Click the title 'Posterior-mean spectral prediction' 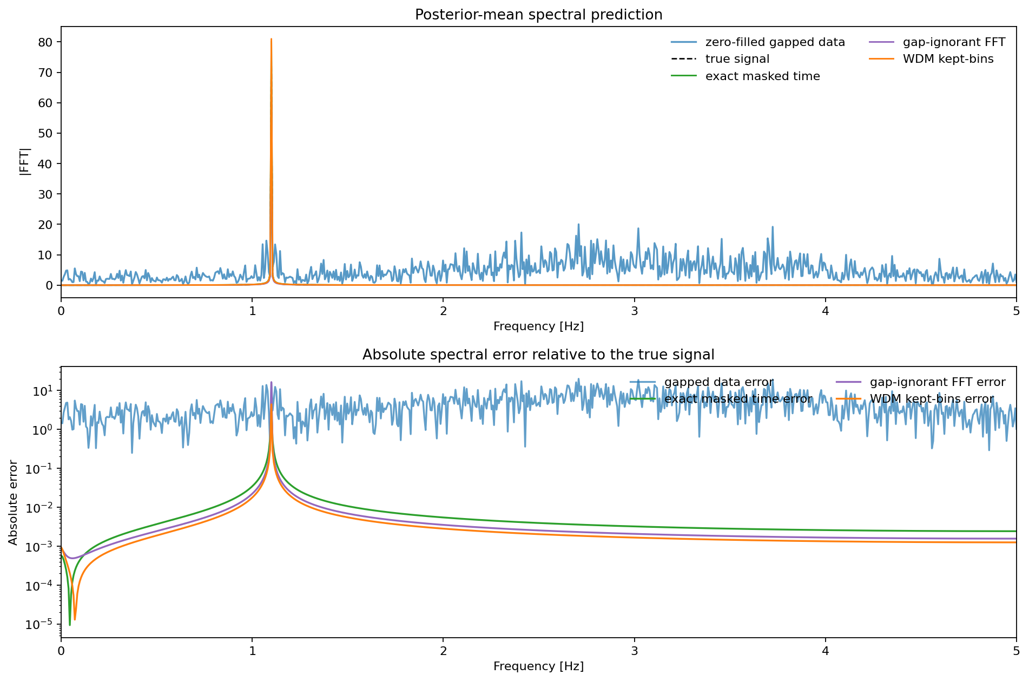(538, 15)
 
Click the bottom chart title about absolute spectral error (538, 355)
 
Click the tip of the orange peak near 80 (271, 39)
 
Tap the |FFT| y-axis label (25, 161)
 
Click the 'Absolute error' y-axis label (14, 502)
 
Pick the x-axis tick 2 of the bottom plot (443, 651)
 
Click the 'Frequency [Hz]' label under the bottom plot (538, 666)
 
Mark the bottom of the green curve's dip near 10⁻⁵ (70, 625)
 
